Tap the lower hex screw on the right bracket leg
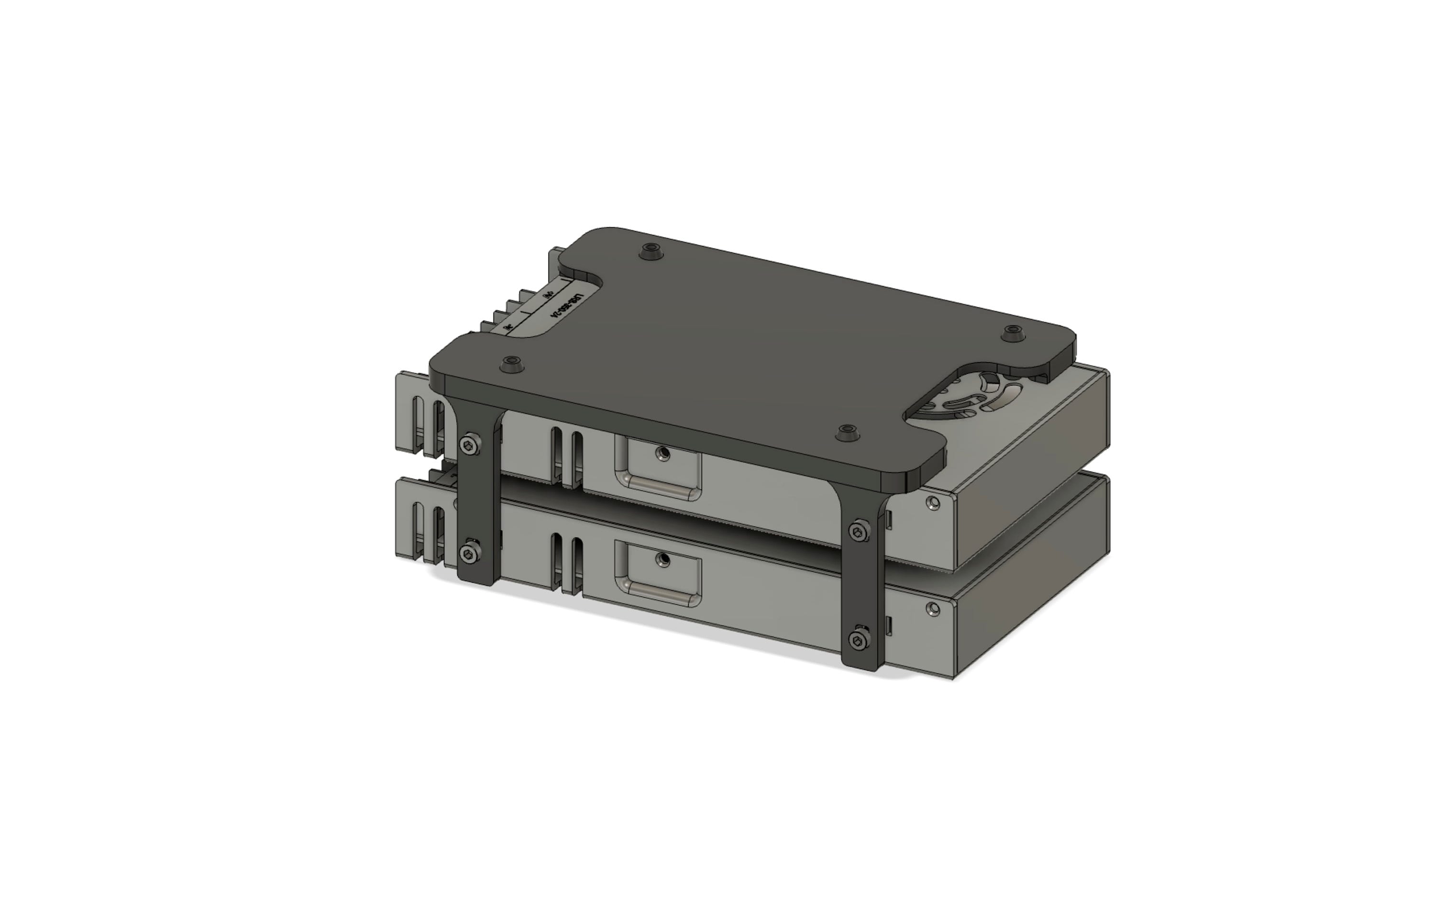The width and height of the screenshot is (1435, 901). coord(857,641)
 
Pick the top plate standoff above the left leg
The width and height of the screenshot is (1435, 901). coord(510,364)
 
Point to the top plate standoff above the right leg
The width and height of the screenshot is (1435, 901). coord(847,432)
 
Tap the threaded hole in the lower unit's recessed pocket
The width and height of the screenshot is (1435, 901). coord(662,559)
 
